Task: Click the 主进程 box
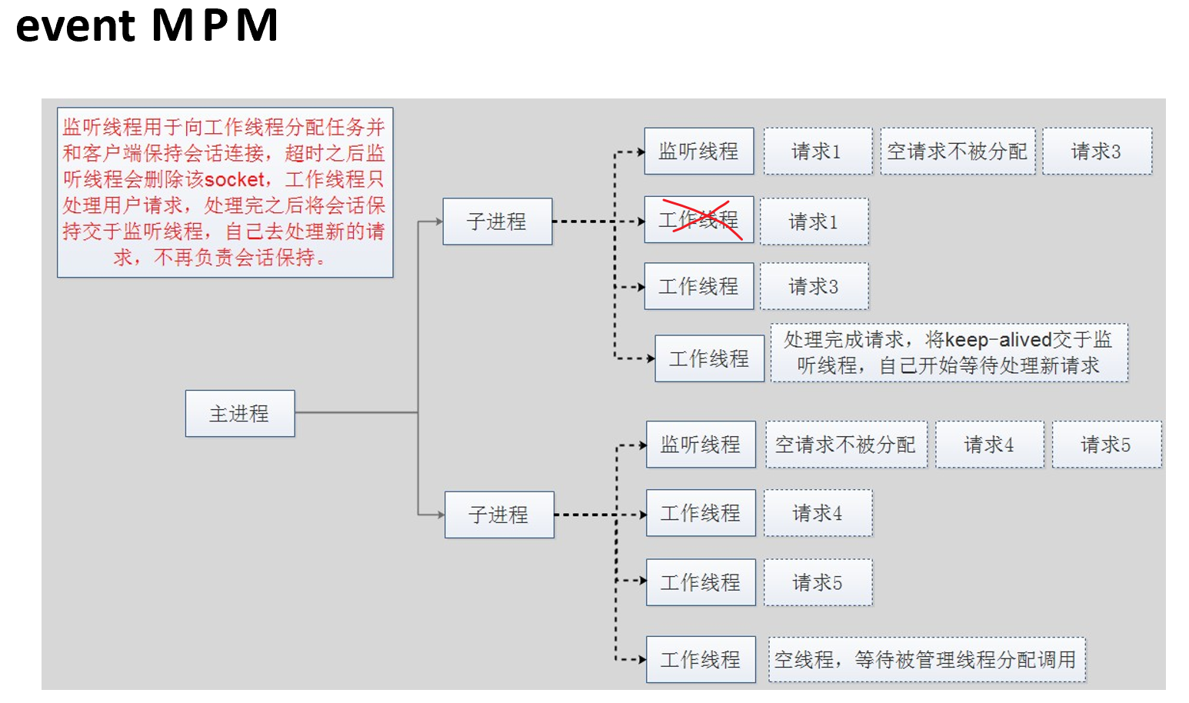click(239, 414)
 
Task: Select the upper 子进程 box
click(497, 222)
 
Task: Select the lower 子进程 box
click(499, 515)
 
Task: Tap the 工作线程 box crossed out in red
click(698, 220)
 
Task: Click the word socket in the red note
click(235, 180)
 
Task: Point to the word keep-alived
click(997, 340)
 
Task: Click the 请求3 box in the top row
click(1097, 152)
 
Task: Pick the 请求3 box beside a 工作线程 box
click(814, 287)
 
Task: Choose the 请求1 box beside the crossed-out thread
click(814, 222)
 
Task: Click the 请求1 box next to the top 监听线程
click(817, 152)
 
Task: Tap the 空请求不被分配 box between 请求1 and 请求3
click(957, 152)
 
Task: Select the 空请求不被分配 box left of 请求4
click(845, 445)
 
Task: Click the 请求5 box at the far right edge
click(1106, 445)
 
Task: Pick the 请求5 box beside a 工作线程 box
click(818, 583)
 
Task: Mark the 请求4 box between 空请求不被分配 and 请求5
click(989, 445)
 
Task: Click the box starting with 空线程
click(926, 659)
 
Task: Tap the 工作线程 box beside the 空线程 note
click(701, 659)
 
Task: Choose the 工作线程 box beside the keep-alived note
click(709, 358)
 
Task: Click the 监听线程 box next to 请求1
click(698, 151)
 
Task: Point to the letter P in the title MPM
click(215, 25)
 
